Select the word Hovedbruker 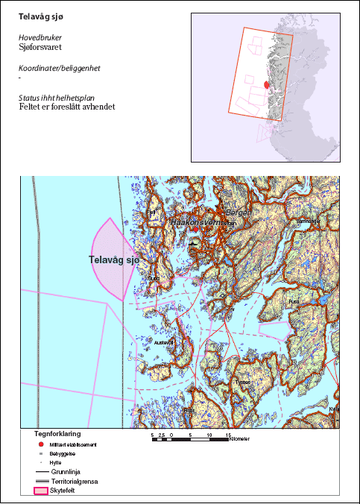(40, 37)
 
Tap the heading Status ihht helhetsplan (60, 98)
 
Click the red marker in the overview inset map (266, 85)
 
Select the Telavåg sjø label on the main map (113, 259)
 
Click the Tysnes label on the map (243, 381)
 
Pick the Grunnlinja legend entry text (66, 472)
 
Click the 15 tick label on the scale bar (228, 434)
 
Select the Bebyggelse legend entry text (63, 453)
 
